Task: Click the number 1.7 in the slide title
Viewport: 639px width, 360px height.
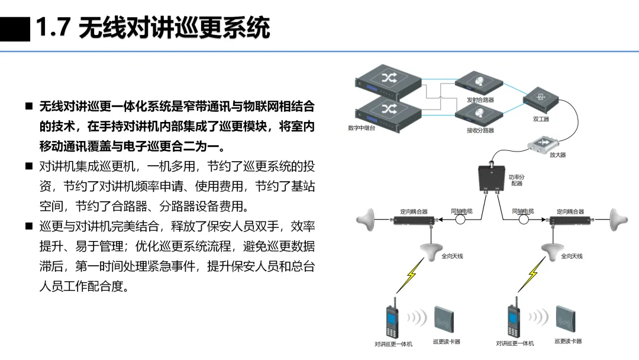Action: click(x=54, y=27)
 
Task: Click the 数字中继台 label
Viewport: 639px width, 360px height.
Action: click(x=362, y=128)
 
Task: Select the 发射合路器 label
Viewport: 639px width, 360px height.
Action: click(x=480, y=100)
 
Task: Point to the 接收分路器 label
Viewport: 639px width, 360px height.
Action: click(x=480, y=131)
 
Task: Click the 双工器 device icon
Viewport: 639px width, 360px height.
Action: click(x=540, y=99)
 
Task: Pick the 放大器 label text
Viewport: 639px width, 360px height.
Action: click(x=557, y=155)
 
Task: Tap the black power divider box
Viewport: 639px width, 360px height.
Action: click(x=491, y=177)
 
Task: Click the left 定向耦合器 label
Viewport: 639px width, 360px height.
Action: click(x=414, y=211)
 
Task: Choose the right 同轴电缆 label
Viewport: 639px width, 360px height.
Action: click(x=523, y=211)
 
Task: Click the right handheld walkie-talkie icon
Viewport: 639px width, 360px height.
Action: click(x=513, y=323)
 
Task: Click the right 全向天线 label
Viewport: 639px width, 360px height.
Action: click(x=572, y=256)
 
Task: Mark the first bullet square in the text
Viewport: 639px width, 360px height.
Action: click(x=28, y=107)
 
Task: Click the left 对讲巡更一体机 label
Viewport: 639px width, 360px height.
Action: click(x=393, y=344)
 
